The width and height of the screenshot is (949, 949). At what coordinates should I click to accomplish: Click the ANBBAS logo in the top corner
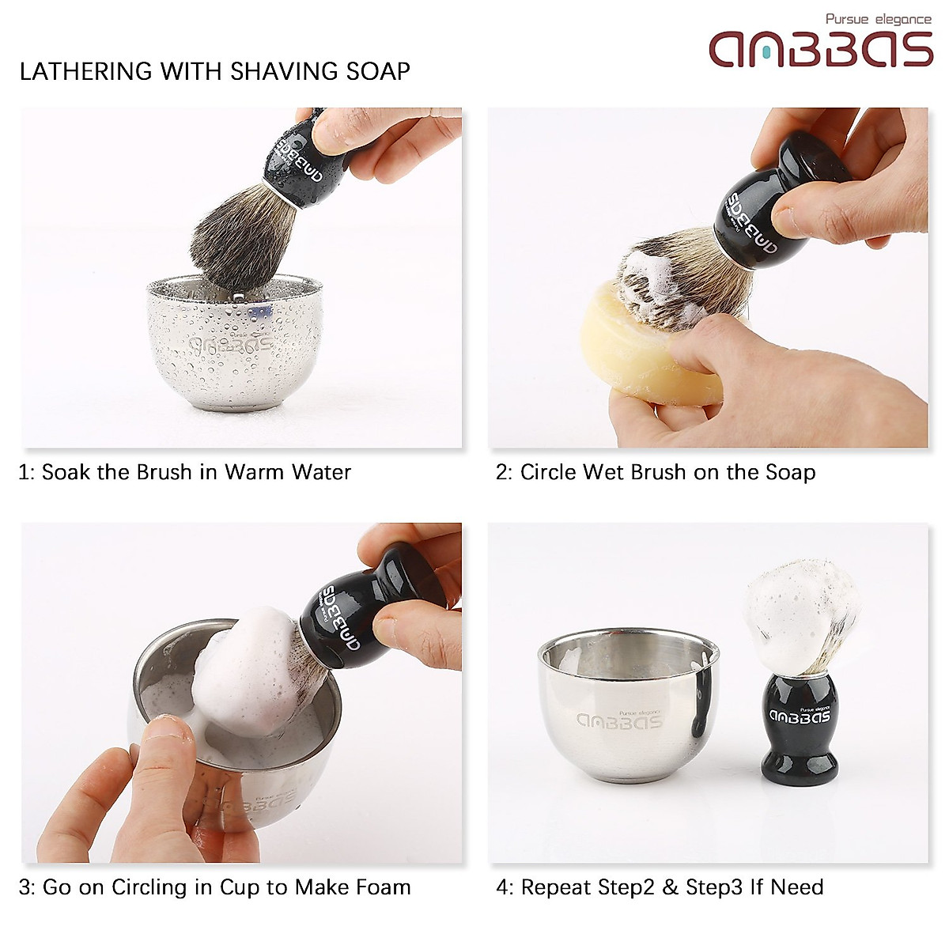point(821,49)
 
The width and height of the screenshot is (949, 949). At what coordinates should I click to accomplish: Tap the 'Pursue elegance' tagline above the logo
point(878,19)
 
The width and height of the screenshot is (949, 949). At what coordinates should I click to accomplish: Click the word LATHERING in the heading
point(87,71)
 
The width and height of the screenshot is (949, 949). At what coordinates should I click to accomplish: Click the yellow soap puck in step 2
point(641,348)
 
